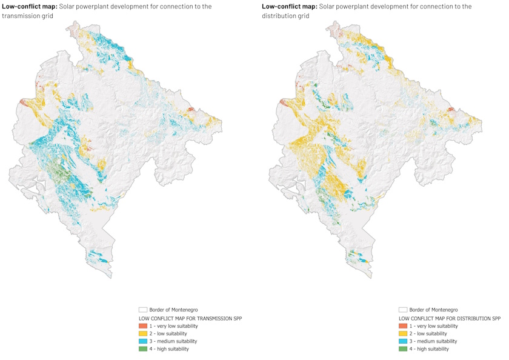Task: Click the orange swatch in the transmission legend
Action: click(x=144, y=326)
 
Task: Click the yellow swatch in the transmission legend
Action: click(x=144, y=333)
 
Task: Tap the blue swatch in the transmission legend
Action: click(x=144, y=341)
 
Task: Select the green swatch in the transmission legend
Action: click(x=144, y=349)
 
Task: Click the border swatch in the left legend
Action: click(x=144, y=309)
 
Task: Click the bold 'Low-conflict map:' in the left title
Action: click(x=30, y=7)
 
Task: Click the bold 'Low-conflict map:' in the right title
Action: click(x=289, y=7)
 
